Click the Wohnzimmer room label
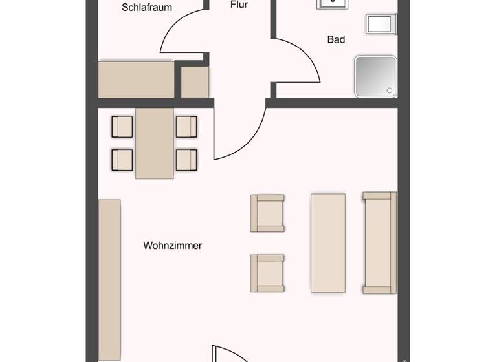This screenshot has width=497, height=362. (172, 246)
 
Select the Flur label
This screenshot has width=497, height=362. (239, 5)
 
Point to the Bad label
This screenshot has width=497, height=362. (336, 39)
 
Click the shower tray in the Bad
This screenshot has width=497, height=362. (375, 76)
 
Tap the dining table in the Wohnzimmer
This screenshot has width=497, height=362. (155, 143)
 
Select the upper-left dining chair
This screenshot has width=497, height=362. (122, 127)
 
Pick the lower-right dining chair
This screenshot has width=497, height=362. (186, 159)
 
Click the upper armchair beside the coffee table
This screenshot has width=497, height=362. (268, 213)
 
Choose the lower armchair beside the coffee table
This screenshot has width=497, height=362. (268, 273)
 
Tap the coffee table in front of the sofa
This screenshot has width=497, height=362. (328, 242)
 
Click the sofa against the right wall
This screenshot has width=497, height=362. (380, 242)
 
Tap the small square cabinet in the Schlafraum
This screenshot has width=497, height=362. (194, 82)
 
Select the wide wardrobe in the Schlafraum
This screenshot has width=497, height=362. (136, 80)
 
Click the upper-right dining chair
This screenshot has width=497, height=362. (186, 127)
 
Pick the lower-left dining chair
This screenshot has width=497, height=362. (122, 159)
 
